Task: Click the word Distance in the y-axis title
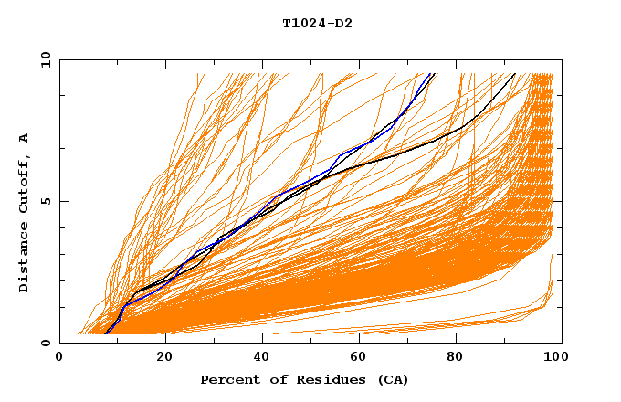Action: click(24, 257)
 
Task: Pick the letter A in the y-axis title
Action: click(24, 138)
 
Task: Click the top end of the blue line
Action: click(434, 73)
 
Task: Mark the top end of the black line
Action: click(515, 73)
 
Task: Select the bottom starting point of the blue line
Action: click(106, 333)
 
